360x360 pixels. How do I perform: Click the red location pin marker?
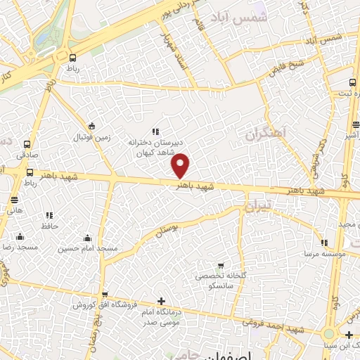(181, 165)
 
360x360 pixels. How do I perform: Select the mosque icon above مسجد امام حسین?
(87, 238)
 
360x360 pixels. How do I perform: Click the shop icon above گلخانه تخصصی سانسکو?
(222, 266)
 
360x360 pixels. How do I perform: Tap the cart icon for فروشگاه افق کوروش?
(104, 295)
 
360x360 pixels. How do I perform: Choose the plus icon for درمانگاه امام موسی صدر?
(162, 301)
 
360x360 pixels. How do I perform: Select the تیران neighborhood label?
(257, 207)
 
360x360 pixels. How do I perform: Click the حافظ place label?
(49, 226)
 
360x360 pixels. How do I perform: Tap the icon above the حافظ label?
(49, 215)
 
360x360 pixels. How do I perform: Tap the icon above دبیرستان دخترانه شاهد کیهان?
(155, 131)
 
